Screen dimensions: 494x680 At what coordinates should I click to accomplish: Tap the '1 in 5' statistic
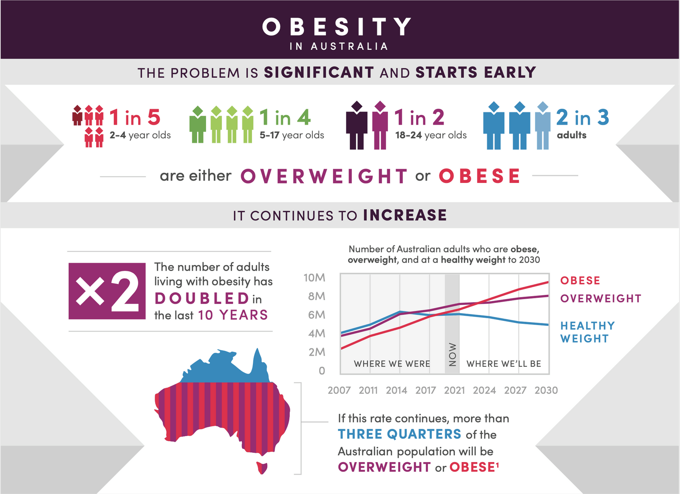pos(135,117)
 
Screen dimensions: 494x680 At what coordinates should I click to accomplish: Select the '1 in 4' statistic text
pos(285,117)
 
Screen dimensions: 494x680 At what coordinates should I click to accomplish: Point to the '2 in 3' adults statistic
pos(582,117)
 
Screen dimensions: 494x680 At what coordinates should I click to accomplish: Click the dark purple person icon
pos(357,126)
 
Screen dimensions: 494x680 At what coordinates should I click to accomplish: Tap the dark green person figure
pos(198,125)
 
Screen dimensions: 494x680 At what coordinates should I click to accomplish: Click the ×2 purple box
pos(107,291)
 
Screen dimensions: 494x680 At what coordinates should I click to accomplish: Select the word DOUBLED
pos(202,299)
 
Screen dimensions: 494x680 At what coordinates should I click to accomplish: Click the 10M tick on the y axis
pos(314,278)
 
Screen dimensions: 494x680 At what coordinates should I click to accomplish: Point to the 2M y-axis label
pos(317,352)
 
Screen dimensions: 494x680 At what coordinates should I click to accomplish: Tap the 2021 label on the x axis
pos(454,390)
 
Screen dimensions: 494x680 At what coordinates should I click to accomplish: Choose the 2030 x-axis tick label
pos(546,390)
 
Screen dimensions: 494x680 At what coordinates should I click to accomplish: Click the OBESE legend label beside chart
pos(580,281)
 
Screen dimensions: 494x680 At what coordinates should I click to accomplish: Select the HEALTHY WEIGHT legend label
pos(587,332)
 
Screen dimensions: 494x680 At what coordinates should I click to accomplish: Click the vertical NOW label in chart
pos(453,354)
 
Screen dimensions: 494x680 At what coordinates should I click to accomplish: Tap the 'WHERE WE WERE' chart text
pos(392,364)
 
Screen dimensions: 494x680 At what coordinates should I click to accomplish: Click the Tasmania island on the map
pos(262,468)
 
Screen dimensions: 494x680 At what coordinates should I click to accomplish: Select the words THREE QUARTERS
pos(399,434)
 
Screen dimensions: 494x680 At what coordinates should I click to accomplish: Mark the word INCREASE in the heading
pos(405,215)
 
